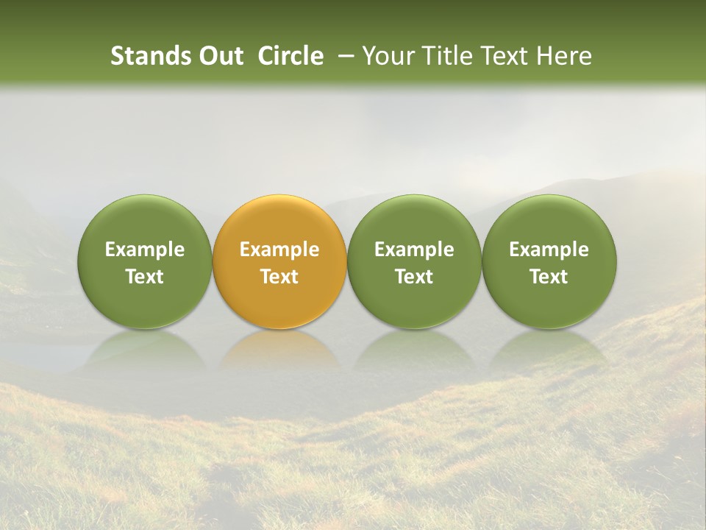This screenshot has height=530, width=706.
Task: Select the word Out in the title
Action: pyautogui.click(x=219, y=56)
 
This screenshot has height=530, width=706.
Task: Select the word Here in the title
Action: pyautogui.click(x=563, y=56)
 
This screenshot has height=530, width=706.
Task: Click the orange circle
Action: pyautogui.click(x=279, y=261)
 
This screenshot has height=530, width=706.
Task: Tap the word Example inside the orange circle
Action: pyautogui.click(x=279, y=250)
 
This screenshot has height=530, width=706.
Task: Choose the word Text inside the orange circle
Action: pyautogui.click(x=279, y=277)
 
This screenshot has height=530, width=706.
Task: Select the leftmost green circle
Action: pyautogui.click(x=144, y=261)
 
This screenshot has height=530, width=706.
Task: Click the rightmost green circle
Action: pyautogui.click(x=549, y=261)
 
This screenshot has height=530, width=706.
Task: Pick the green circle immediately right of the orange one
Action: pyautogui.click(x=414, y=261)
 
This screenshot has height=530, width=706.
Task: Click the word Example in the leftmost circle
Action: pyautogui.click(x=144, y=250)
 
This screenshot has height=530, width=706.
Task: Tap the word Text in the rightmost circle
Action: pyautogui.click(x=549, y=277)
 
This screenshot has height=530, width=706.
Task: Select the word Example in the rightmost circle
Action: pyautogui.click(x=549, y=250)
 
